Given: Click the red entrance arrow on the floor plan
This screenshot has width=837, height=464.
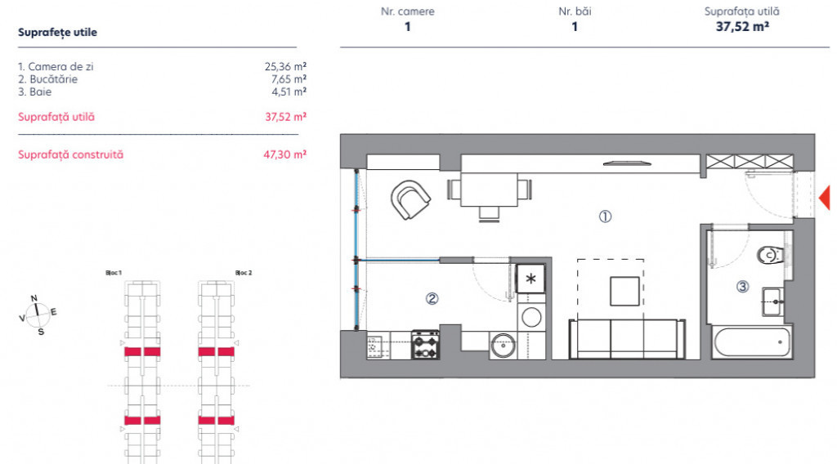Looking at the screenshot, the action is (x=826, y=198).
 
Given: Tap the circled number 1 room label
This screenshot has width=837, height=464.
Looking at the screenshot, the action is (x=605, y=216).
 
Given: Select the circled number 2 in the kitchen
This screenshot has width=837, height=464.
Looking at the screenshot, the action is (x=432, y=299).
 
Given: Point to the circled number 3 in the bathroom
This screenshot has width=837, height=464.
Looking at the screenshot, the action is (x=742, y=287).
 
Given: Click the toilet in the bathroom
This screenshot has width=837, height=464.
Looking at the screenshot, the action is (x=771, y=255).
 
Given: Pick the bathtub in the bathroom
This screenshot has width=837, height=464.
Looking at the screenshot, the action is (x=752, y=341).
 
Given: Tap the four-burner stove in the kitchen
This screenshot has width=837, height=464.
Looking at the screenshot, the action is (x=425, y=345).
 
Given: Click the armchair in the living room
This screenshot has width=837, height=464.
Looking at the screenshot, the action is (x=410, y=199).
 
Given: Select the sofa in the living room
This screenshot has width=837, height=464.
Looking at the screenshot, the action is (x=627, y=339).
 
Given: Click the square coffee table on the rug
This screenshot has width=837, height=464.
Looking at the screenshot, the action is (x=624, y=291).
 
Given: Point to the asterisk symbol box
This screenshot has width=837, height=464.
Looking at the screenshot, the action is (x=530, y=279).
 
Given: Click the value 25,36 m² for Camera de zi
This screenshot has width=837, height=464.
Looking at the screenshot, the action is (x=285, y=67).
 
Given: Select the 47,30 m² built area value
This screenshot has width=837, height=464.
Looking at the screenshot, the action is (x=285, y=154).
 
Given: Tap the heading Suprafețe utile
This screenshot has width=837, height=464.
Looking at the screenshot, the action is (x=58, y=32).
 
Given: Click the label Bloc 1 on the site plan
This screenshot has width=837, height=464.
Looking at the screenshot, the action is (x=114, y=273).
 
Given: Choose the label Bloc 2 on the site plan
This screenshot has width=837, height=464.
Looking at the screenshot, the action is (x=244, y=273).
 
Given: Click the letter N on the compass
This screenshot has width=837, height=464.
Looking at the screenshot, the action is (x=34, y=298).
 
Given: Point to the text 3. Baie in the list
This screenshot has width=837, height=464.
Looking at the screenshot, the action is (x=34, y=91).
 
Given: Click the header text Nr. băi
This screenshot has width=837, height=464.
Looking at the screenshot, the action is (x=575, y=11).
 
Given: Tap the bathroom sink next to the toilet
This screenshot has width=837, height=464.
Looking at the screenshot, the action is (x=773, y=302).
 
